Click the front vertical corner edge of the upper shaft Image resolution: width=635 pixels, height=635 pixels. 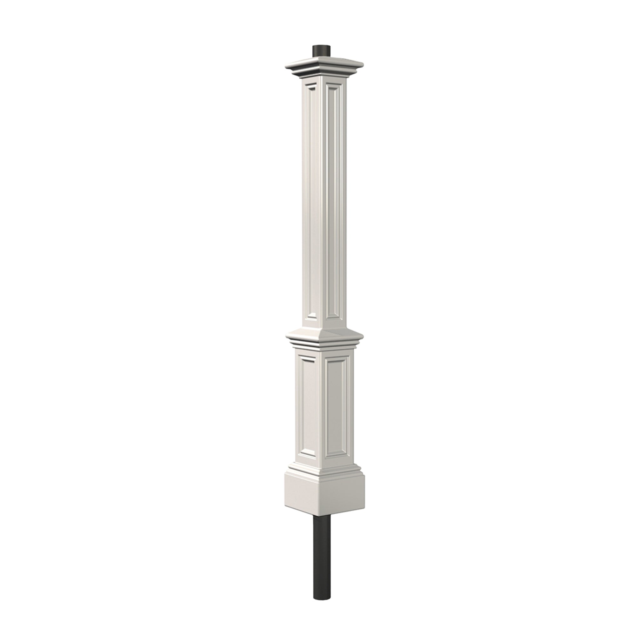321,197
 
